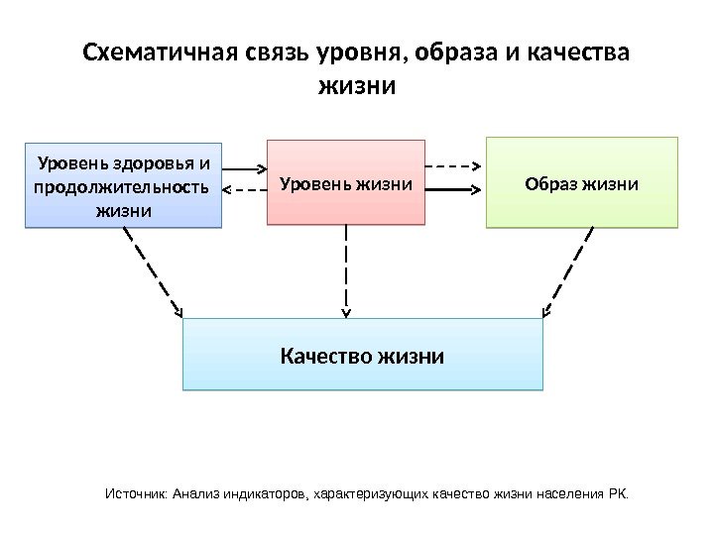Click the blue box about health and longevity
click(123, 185)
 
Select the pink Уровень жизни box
click(345, 183)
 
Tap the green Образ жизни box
click(581, 183)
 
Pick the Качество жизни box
click(363, 355)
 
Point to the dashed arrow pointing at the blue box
click(244, 188)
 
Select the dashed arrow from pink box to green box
click(454, 166)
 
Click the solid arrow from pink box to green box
click(454, 186)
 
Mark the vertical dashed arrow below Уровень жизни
click(346, 269)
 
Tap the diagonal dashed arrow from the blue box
click(154, 272)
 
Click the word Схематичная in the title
click(160, 52)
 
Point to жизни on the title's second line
click(356, 86)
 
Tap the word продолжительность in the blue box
click(122, 186)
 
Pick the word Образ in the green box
click(548, 183)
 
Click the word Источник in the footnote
click(136, 492)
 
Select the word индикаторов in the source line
click(268, 492)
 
